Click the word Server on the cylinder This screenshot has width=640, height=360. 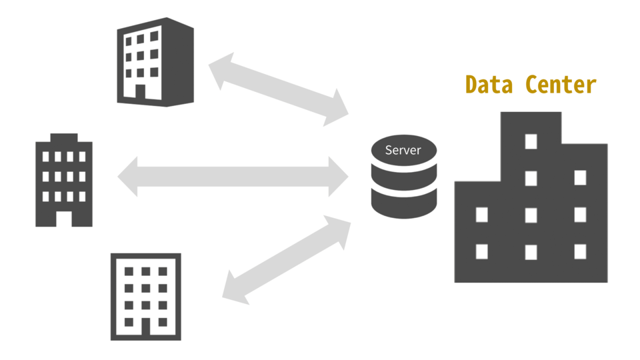coord(403,150)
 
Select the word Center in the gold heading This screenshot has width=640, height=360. coord(560,85)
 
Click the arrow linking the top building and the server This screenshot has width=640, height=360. coord(279,91)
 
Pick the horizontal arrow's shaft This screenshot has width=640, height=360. coord(233,177)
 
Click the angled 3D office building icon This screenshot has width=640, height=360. coord(155,61)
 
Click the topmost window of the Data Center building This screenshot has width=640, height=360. coord(531,141)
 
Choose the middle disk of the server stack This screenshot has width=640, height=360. coord(404,179)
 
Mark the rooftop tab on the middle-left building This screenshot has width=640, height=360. coord(63,138)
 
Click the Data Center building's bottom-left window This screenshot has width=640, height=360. coord(481,251)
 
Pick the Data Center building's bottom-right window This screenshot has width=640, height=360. coord(580,251)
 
